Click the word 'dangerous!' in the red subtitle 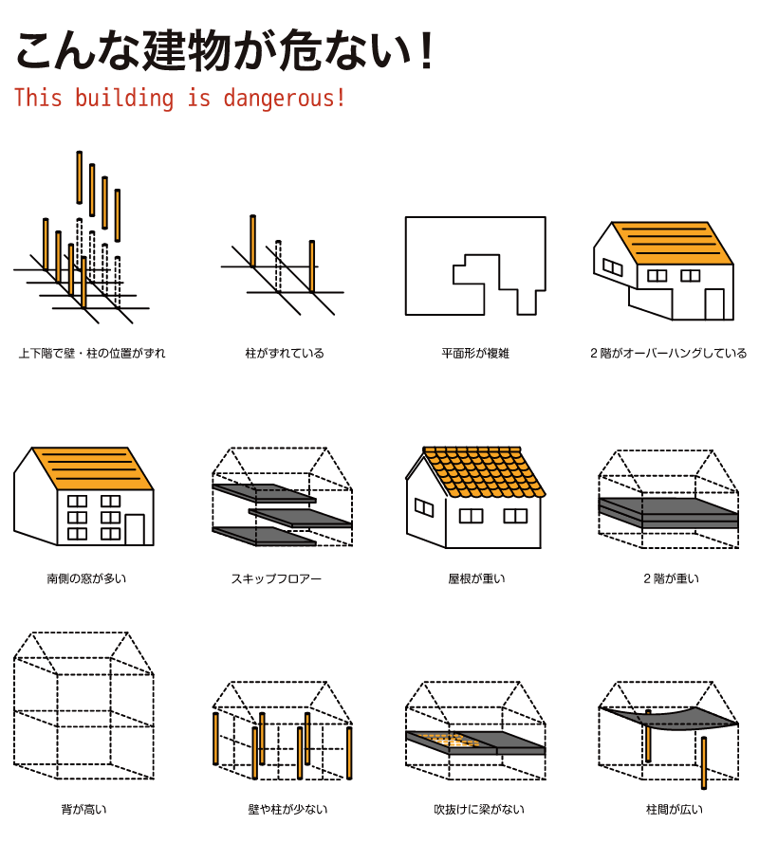coord(284,99)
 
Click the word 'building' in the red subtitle coord(123,98)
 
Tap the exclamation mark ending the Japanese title coord(427,50)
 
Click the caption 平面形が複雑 coord(475,353)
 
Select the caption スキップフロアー coord(276,578)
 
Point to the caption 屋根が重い coord(476,578)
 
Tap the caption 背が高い coord(83,809)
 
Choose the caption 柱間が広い coord(674,809)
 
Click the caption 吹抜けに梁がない coord(479,809)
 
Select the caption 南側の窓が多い coord(86,578)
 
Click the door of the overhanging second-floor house coord(714,304)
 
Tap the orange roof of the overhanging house coord(673,243)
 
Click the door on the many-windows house coord(135,529)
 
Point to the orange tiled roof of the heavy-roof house coord(484,471)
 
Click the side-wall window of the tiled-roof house coord(424,507)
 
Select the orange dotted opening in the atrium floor coord(448,740)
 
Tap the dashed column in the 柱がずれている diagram coord(278,266)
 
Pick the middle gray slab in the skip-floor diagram coord(300,518)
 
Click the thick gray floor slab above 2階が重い coord(668,512)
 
